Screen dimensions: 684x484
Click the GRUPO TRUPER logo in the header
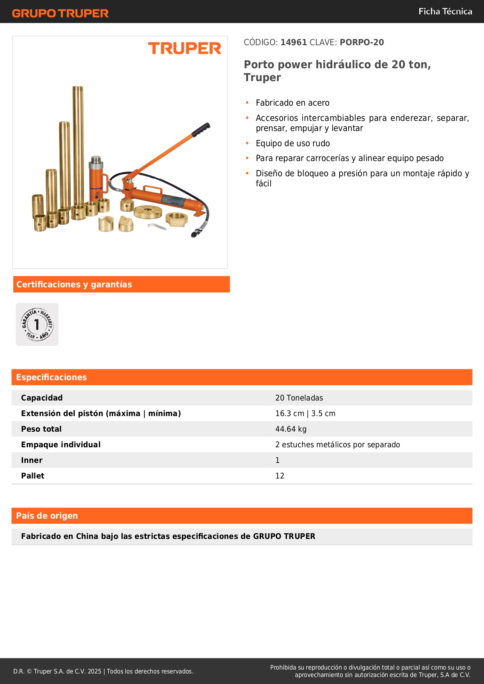(x=60, y=13)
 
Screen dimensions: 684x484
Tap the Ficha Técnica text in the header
(x=445, y=11)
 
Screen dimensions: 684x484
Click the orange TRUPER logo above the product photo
(x=184, y=48)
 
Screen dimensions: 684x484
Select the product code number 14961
(x=294, y=42)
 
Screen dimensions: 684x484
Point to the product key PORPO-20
(x=362, y=42)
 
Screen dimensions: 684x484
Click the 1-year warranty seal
(x=37, y=324)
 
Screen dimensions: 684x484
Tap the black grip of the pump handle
(x=201, y=129)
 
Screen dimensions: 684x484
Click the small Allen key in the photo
(x=156, y=226)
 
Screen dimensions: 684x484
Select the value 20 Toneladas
(x=299, y=398)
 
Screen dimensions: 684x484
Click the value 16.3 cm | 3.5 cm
(x=305, y=413)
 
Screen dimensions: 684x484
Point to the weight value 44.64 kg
(x=291, y=429)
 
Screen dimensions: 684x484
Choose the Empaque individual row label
(x=61, y=445)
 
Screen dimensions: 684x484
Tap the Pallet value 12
(x=280, y=476)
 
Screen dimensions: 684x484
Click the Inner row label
(x=32, y=460)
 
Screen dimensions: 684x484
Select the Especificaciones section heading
(x=51, y=377)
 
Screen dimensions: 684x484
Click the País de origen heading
(x=47, y=516)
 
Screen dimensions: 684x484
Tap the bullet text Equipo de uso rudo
(x=293, y=143)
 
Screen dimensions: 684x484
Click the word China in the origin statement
(x=87, y=536)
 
